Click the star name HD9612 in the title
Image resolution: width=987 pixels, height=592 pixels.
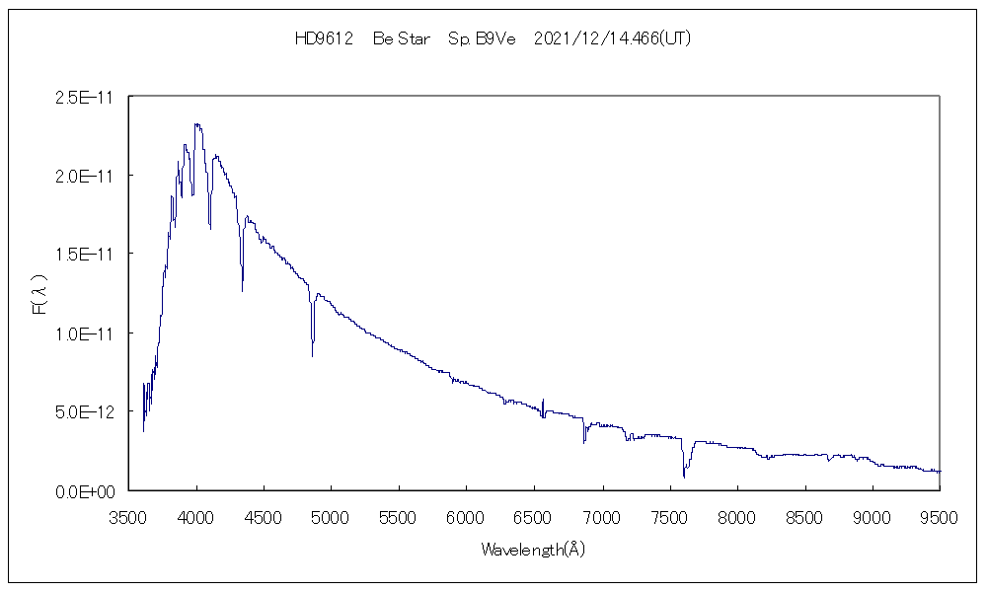325,38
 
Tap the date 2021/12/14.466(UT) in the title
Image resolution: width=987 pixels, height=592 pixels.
611,38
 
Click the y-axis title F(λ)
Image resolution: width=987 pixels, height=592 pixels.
39,294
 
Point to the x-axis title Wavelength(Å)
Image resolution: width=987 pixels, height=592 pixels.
534,550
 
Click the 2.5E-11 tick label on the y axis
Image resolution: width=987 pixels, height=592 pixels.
88,97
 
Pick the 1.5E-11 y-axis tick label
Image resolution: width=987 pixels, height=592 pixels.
88,255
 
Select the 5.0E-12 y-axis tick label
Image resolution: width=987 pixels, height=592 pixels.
88,411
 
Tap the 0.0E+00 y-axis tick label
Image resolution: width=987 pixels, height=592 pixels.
88,490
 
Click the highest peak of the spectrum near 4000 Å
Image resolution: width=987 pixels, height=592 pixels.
197,124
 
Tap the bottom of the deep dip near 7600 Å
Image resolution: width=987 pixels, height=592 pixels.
683,478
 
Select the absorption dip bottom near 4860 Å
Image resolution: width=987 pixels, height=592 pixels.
313,355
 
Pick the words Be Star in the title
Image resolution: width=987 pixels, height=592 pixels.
402,38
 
